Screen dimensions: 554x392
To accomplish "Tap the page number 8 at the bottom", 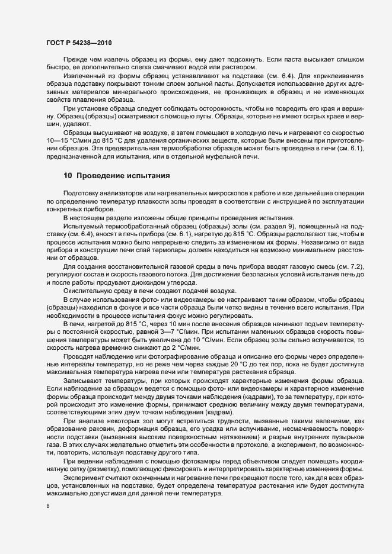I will [48, 507].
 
